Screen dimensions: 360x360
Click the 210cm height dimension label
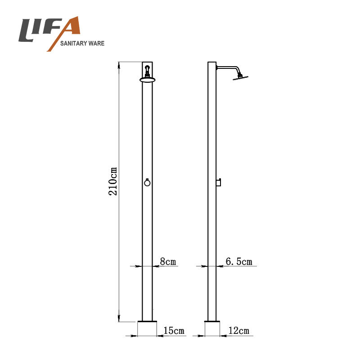pos(113,181)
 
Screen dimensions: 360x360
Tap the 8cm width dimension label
pos(168,261)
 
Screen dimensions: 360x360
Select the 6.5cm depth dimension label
pos(239,261)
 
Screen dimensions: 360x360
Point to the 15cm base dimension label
pos(174,331)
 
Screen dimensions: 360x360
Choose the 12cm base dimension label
pos(239,331)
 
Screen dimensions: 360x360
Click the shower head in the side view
pos(240,77)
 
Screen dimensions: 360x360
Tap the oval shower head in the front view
pos(148,80)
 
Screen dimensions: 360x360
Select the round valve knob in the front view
pos(148,183)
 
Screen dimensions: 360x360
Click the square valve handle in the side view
pos(218,183)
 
